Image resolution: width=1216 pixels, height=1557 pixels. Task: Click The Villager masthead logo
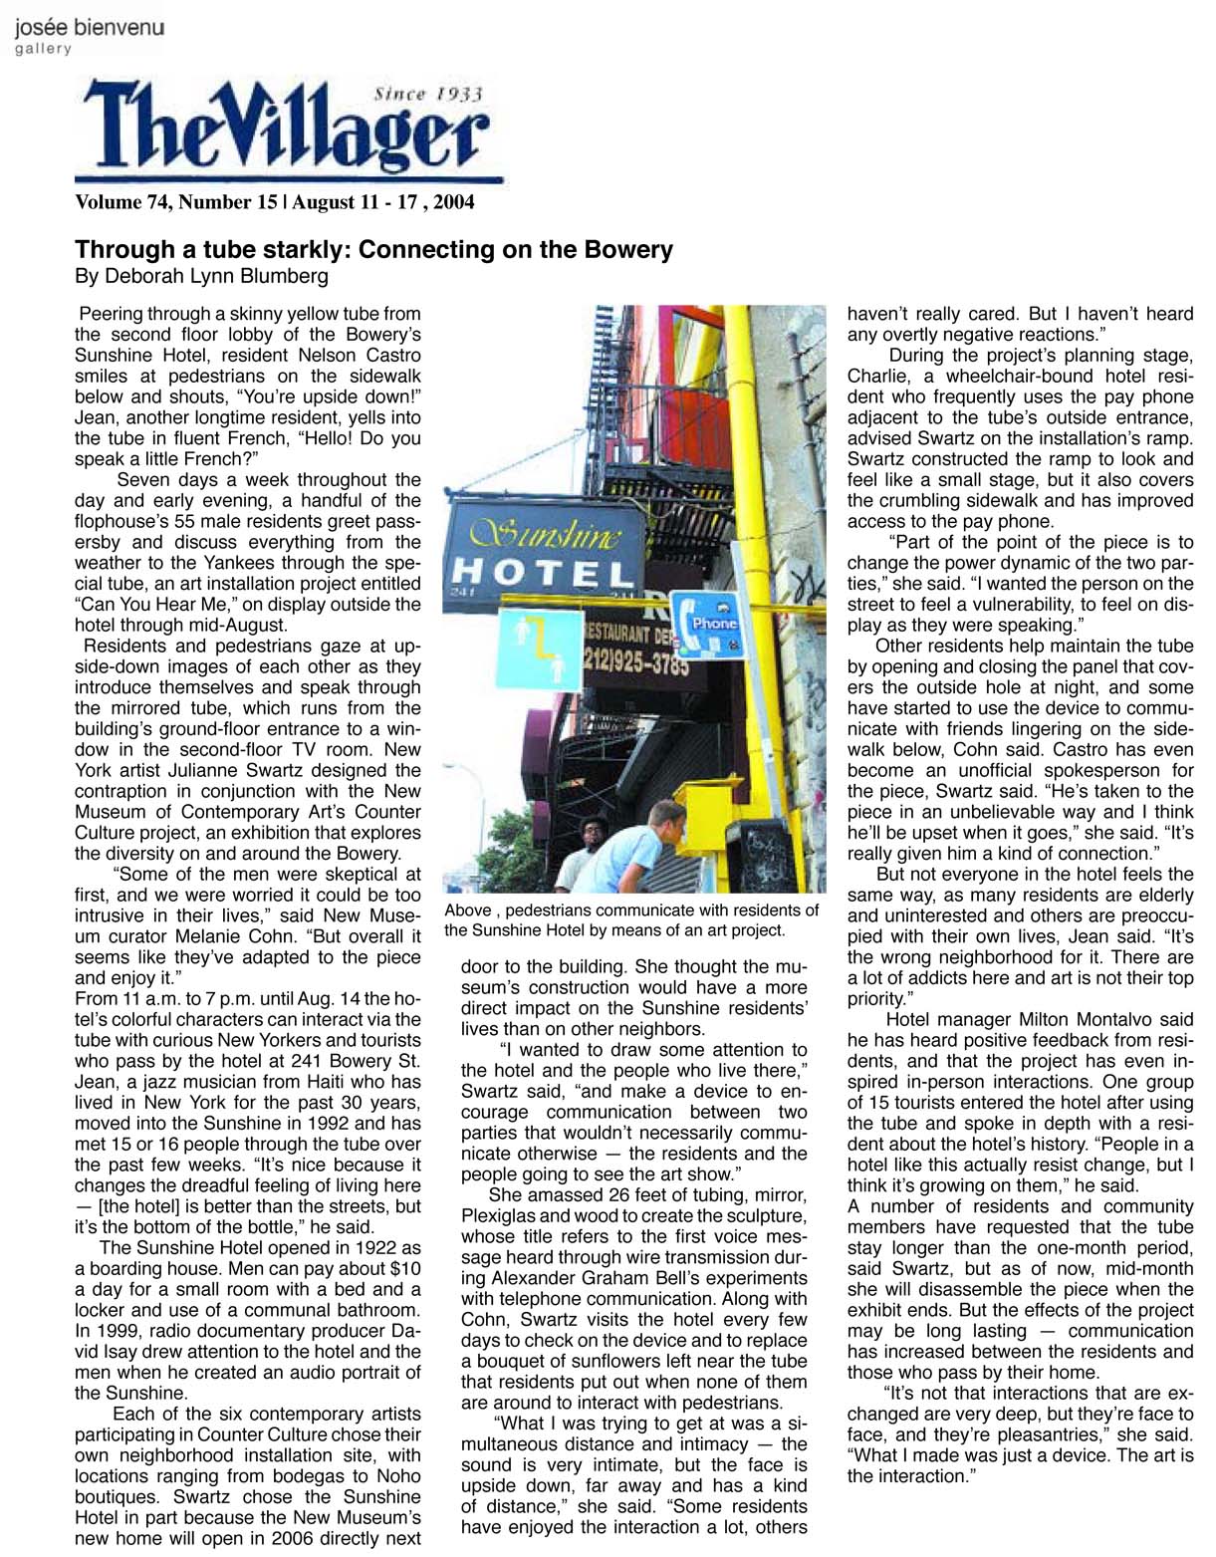(288, 132)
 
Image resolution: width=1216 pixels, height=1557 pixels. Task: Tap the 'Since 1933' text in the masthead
(427, 95)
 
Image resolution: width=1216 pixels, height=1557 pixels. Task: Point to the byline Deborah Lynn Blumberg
(201, 276)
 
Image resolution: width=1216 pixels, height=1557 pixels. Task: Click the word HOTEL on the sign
(543, 573)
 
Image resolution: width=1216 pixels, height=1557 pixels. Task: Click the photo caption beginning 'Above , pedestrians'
(631, 919)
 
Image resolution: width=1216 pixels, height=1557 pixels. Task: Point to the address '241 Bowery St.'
(358, 1060)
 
